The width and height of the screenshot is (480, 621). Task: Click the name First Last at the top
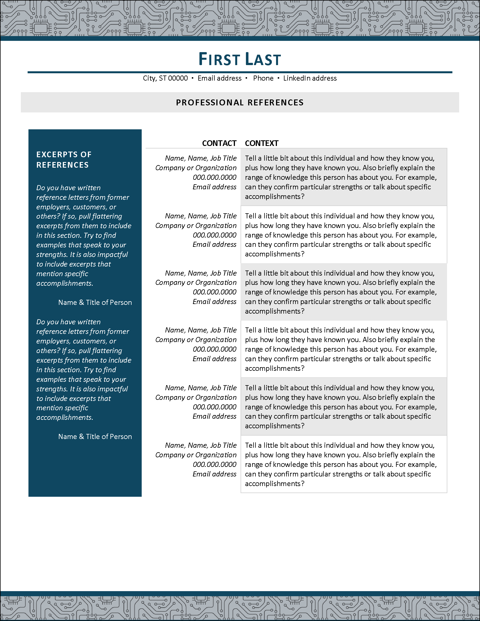coord(239,59)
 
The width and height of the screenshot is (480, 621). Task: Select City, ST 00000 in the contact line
coord(165,78)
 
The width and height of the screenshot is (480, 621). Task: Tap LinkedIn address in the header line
coord(310,78)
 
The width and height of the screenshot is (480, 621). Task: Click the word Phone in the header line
coord(263,78)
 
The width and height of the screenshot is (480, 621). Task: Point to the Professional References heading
coord(239,102)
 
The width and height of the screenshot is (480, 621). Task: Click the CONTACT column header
coord(219,143)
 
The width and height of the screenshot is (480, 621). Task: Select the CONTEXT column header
coord(261,143)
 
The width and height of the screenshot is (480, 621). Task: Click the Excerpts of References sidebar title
coord(64,159)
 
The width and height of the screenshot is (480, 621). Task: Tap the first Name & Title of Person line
coord(95,302)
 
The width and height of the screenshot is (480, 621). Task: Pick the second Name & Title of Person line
coord(95,436)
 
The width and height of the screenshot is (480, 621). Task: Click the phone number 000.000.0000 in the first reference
coord(215,178)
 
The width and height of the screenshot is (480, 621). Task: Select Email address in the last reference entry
coord(214,474)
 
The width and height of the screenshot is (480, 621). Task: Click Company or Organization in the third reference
coord(196,283)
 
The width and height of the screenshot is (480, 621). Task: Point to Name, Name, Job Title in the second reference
coord(201,216)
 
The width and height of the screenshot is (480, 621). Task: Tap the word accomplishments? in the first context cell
coord(274,196)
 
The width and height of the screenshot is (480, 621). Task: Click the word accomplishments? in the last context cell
coord(274,484)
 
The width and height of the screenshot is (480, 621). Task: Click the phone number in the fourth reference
coord(215,349)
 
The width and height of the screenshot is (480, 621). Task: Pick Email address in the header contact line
coord(219,78)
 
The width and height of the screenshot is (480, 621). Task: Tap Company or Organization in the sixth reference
coord(196,455)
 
